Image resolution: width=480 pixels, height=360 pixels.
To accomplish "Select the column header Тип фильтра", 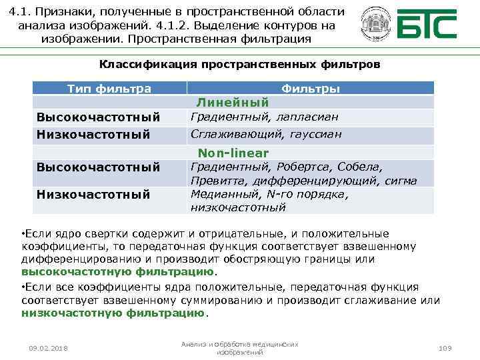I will pos(109,89).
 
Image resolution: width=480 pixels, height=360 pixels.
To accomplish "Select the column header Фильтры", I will pos(310,89).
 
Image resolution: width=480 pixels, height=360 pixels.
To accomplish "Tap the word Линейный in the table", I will pos(232,102).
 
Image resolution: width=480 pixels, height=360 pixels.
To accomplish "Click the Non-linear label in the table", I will pos(233,153).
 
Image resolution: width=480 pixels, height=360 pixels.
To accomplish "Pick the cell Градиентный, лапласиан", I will pos(264,117).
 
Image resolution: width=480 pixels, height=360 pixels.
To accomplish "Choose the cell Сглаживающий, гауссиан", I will pos(266,134).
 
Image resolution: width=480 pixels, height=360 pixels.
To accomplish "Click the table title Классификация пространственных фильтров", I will pos(239,65).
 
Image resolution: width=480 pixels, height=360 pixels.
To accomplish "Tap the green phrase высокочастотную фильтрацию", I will pos(118,272).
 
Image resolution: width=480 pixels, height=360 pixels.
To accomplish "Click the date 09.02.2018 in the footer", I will pos(49,349).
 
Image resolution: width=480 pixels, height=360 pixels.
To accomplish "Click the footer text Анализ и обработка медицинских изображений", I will pos(239,348).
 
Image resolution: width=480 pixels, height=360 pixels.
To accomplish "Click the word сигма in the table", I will pos(401,180).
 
